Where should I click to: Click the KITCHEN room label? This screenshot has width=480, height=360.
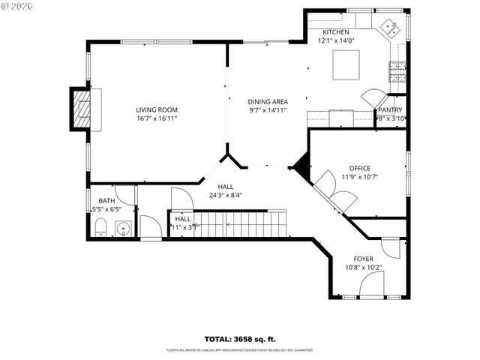point(335,32)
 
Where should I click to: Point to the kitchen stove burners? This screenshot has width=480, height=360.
point(394,72)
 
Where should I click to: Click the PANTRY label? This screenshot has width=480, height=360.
point(390,109)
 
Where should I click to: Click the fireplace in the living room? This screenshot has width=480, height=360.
point(82,109)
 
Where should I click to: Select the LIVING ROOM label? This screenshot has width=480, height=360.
point(157,109)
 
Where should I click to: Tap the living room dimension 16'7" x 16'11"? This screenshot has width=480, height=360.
point(157,118)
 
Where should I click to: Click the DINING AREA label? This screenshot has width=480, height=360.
point(268,101)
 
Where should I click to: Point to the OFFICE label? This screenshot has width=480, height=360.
point(359,168)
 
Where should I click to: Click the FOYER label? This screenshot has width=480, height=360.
point(364,259)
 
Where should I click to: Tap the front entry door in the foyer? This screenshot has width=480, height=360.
point(371,283)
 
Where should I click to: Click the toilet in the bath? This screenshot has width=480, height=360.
point(100,228)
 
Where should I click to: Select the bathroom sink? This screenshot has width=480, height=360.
point(124,229)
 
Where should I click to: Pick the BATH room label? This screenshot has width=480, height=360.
point(106,201)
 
